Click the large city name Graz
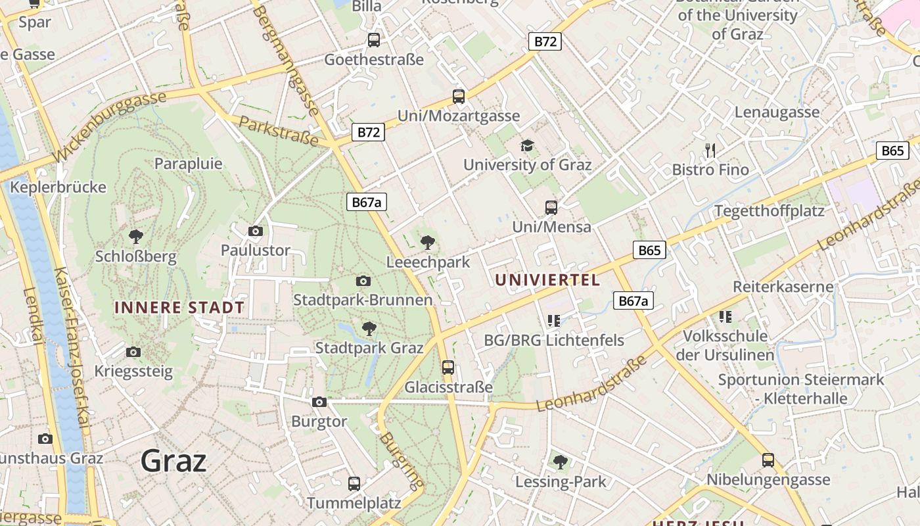173,460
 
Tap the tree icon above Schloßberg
136,236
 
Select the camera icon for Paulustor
256,231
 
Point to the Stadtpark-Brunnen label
363,300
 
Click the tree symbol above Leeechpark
428,242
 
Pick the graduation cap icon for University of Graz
527,145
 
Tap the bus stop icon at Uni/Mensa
551,208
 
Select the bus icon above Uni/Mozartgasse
459,97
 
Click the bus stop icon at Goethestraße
374,40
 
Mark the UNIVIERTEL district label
547,280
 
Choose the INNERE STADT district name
179,307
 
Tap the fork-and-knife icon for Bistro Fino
710,151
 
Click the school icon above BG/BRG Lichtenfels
553,321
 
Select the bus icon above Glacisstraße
448,368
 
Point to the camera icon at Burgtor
319,402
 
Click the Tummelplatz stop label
354,503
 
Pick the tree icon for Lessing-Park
561,462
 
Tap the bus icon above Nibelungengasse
768,460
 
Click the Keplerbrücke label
58,187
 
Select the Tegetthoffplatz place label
769,211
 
